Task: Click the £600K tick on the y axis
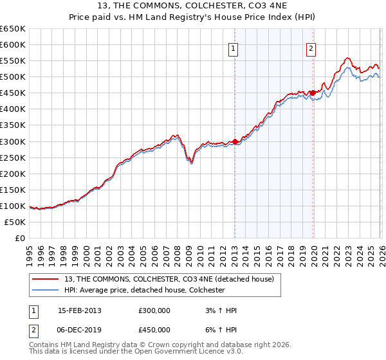pos(13,44)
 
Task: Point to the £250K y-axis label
pos(13,157)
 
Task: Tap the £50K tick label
pos(15,222)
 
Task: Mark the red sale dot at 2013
pos(235,141)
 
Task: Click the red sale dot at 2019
pos(313,93)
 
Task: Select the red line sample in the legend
pos(45,279)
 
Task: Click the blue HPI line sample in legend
pos(45,290)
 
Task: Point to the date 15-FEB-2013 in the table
pos(80,310)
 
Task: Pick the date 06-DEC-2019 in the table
pos(80,329)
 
